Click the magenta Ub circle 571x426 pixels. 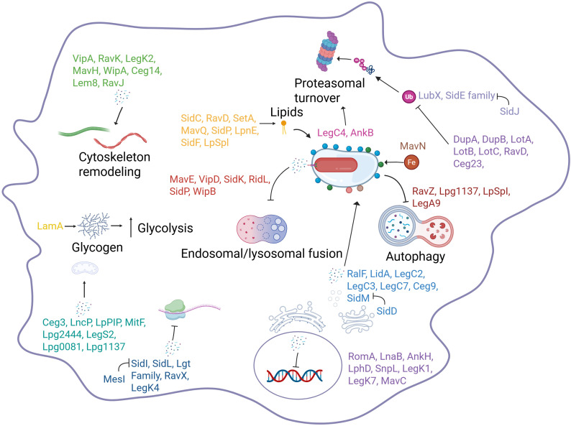pyautogui.click(x=409, y=97)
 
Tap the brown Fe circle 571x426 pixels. pyautogui.click(x=411, y=162)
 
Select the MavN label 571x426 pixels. pyautogui.click(x=413, y=146)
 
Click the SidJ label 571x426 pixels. pyautogui.click(x=509, y=111)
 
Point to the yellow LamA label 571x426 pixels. pyautogui.click(x=50, y=226)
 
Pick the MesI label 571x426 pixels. pyautogui.click(x=114, y=379)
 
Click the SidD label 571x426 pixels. pyautogui.click(x=387, y=311)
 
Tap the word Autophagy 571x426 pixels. pyautogui.click(x=416, y=257)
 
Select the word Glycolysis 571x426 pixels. pyautogui.click(x=165, y=228)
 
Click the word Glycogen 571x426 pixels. pyautogui.click(x=97, y=247)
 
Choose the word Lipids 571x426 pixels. pyautogui.click(x=287, y=111)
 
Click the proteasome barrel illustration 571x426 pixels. pyautogui.click(x=327, y=51)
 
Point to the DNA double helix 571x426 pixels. pyautogui.click(x=295, y=376)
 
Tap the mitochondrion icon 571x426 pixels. pyautogui.click(x=84, y=269)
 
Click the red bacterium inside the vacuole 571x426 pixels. pyautogui.click(x=336, y=165)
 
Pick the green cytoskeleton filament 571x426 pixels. pyautogui.click(x=84, y=131)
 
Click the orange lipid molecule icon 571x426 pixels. pyautogui.click(x=283, y=127)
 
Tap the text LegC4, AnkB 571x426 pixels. pyautogui.click(x=345, y=133)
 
